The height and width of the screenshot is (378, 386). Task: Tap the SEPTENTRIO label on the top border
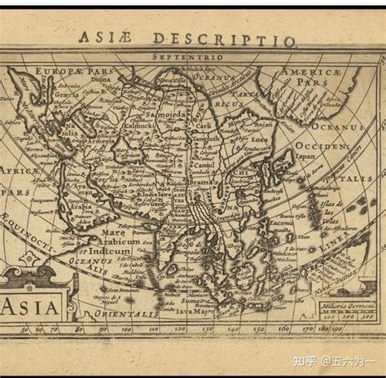point(193,58)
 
